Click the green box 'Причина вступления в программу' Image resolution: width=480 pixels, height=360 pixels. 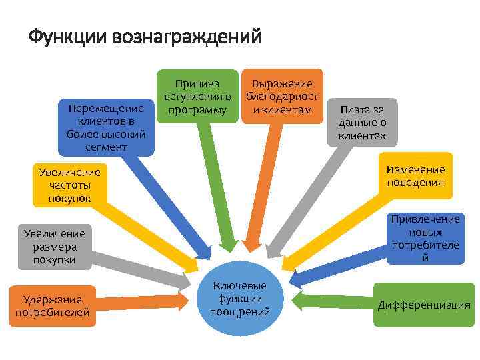[197, 96]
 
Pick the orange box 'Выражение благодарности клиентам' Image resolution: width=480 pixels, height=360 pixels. [282, 96]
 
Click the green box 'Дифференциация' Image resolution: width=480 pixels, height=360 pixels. [423, 306]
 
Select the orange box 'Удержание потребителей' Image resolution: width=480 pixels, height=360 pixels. [53, 306]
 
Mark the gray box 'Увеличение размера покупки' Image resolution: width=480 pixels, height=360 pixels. [54, 247]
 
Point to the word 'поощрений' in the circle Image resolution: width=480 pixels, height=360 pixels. [239, 311]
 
